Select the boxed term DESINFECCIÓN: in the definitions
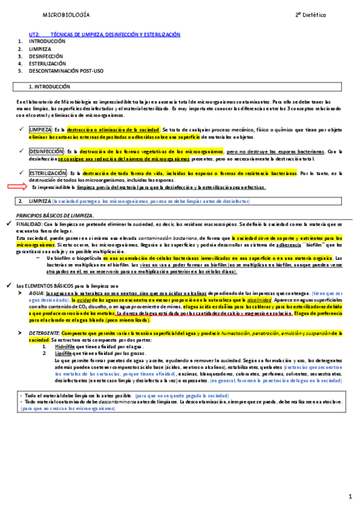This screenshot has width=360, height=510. click(x=46, y=151)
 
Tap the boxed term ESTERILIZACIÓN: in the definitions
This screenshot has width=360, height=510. click(x=48, y=173)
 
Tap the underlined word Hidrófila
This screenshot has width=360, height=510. click(x=64, y=348)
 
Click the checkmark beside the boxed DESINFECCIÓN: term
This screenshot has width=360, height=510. click(x=23, y=151)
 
